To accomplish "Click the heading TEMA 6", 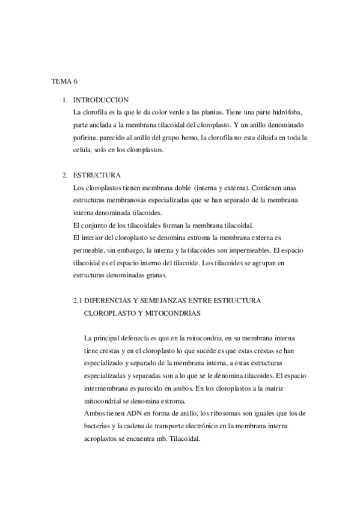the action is tap(61, 80).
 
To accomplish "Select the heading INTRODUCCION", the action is tap(100, 100).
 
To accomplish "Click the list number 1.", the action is tap(64, 100).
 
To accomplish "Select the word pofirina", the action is tap(85, 138).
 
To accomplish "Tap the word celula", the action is tap(82, 150).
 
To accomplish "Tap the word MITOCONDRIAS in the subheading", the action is tap(170, 313).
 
